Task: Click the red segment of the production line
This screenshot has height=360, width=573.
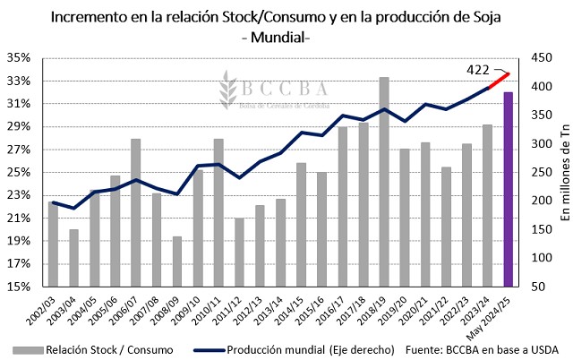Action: (x=499, y=80)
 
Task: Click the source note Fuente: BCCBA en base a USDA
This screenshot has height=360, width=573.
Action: (x=484, y=349)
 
